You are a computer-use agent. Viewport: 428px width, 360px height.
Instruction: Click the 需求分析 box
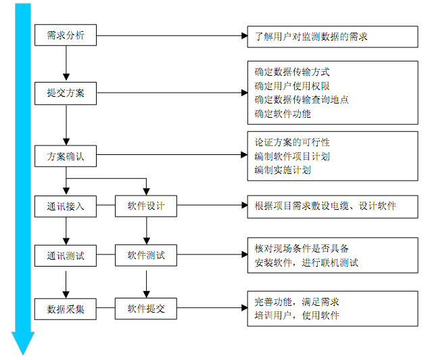tap(66, 35)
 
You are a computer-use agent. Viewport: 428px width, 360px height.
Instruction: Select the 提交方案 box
tap(66, 93)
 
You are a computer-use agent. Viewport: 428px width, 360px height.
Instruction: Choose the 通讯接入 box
tap(66, 206)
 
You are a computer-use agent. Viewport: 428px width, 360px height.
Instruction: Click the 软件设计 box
tap(145, 206)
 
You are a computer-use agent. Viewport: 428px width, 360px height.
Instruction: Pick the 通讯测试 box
tap(66, 257)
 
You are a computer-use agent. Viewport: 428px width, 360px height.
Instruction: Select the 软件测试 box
tap(145, 256)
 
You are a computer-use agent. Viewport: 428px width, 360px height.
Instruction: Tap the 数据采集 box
tap(66, 309)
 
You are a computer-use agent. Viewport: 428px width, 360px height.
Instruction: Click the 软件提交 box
tap(145, 309)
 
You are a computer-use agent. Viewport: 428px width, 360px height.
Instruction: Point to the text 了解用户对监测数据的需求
tap(311, 35)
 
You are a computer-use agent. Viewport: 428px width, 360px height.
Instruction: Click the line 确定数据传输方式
tap(292, 71)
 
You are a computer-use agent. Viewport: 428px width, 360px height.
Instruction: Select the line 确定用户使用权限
tap(292, 85)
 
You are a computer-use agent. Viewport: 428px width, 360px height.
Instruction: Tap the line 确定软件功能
tap(283, 114)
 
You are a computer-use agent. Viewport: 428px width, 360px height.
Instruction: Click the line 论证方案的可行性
tap(292, 142)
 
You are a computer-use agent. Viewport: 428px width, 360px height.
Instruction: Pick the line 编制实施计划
tap(283, 170)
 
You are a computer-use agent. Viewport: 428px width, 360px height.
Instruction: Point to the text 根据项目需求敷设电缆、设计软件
tap(325, 206)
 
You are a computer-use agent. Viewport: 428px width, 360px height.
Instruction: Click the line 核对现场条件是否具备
tap(302, 249)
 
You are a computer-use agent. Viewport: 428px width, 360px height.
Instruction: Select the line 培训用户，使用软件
tap(297, 315)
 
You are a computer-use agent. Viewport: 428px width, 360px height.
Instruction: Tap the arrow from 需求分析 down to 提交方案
tap(66, 64)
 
